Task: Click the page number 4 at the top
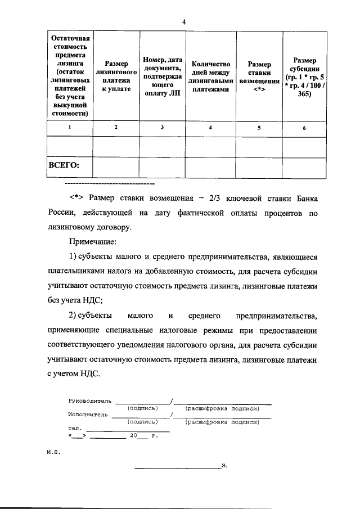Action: point(183,21)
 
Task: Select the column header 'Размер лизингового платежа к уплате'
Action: point(116,76)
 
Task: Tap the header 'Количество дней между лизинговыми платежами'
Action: point(210,76)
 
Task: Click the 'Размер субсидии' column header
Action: point(304,76)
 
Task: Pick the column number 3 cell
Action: point(162,128)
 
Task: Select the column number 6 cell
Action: point(304,128)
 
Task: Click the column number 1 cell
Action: point(70,128)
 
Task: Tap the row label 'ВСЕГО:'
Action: point(64,165)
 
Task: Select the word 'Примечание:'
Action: point(93,242)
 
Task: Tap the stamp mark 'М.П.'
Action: point(53,451)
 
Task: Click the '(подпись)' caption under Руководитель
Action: point(142,408)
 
